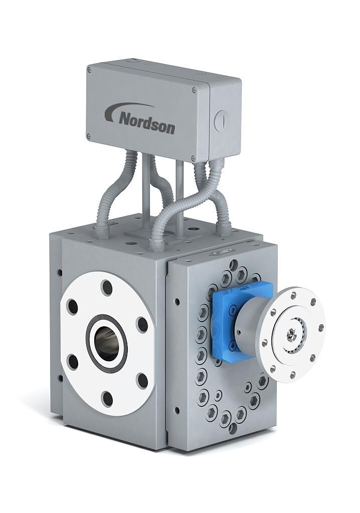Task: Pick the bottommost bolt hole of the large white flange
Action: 107,398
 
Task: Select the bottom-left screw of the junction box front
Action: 88,135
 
